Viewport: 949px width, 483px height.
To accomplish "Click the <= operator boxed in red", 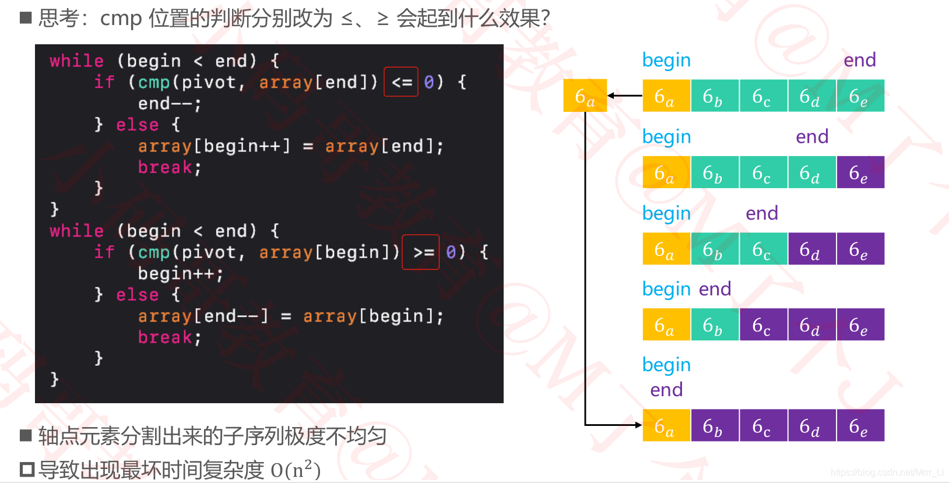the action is (401, 82).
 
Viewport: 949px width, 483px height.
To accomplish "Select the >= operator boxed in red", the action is (421, 252).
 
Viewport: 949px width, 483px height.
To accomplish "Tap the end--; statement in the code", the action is (170, 104).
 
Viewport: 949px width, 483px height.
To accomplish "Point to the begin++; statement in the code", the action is (180, 273).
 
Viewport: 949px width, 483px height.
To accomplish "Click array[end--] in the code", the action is (203, 316).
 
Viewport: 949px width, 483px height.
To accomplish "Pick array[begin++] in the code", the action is (214, 146).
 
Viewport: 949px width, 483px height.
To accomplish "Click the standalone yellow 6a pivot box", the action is (585, 96).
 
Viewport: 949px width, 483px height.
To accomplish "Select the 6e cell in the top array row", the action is (860, 96).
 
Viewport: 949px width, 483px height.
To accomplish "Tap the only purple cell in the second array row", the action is (860, 172).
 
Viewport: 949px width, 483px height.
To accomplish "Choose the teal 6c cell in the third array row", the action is (763, 249).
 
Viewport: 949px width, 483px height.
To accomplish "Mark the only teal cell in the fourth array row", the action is (715, 325).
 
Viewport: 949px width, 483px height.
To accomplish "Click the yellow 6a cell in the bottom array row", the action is (666, 425).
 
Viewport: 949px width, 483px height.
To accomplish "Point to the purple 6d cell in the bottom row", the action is (811, 425).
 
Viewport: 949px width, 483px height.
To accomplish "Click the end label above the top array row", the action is (859, 59).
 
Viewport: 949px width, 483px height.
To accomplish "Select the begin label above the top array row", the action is (666, 60).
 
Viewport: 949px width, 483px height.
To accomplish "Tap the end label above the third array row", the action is (762, 213).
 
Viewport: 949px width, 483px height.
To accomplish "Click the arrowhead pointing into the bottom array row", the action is (638, 425).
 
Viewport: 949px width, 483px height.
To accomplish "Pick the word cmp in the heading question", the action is (121, 18).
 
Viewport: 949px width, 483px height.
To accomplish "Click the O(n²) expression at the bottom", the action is (296, 470).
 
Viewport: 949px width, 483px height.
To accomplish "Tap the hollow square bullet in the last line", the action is (27, 469).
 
